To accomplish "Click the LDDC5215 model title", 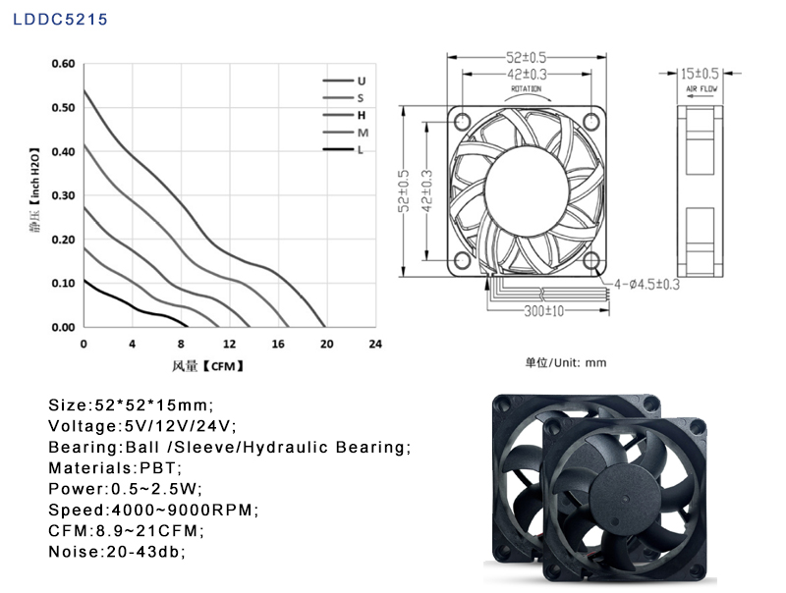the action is [60, 20].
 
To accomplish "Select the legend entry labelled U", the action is [345, 81].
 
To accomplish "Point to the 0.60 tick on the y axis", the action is [63, 64].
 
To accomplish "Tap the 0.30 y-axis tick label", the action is [63, 195].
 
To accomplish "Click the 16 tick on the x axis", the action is [278, 344].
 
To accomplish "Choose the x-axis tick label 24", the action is [375, 344].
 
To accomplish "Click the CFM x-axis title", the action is [207, 366].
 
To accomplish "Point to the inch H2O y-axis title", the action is [34, 190].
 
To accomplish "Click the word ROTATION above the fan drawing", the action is [527, 88].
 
